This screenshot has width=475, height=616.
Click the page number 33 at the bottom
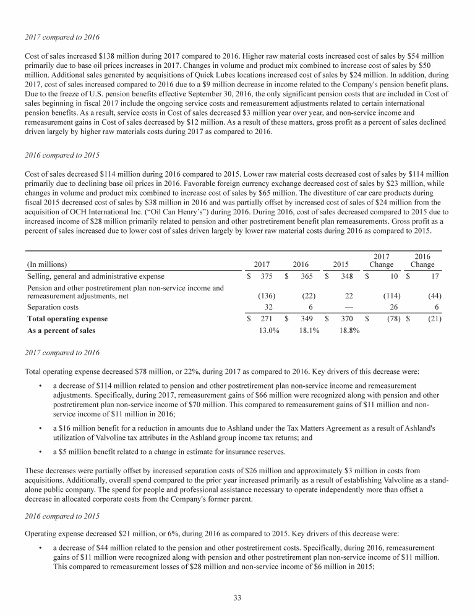(237, 597)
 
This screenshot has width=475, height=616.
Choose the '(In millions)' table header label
(47, 264)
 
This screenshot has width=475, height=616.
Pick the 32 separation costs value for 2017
(270, 307)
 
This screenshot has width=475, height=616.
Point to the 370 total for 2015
(347, 319)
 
